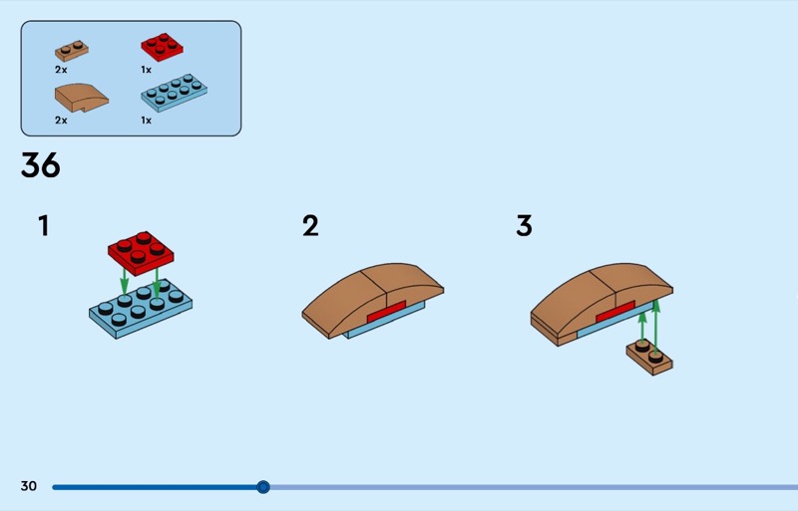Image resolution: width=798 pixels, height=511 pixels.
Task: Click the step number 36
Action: pos(41,165)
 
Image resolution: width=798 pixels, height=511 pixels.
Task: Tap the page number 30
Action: pos(28,486)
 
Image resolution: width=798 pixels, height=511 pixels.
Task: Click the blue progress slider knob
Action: pos(263,487)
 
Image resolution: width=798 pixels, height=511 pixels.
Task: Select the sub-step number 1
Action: pos(43,226)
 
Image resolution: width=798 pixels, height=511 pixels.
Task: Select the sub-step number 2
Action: pos(310,226)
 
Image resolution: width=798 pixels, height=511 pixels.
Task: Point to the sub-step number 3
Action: pos(524,226)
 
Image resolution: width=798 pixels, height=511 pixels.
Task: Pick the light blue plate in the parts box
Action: pos(174,92)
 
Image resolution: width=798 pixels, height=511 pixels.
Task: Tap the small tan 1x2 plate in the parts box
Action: pos(72,50)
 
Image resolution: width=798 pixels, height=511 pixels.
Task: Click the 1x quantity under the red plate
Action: pos(146,71)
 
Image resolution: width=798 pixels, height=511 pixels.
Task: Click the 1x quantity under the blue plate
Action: pos(146,121)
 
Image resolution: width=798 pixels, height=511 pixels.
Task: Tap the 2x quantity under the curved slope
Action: pos(61,121)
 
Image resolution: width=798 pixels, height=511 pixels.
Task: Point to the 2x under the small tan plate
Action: pos(61,71)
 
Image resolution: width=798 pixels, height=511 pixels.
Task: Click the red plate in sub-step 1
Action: pos(141,251)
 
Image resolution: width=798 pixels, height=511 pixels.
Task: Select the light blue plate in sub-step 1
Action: pos(140,310)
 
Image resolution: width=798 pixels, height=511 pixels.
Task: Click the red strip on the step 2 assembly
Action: pos(386,312)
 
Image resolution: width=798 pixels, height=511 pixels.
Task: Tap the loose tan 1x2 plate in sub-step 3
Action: pos(648,355)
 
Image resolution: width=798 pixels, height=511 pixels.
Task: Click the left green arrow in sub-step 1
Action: pos(124,279)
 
